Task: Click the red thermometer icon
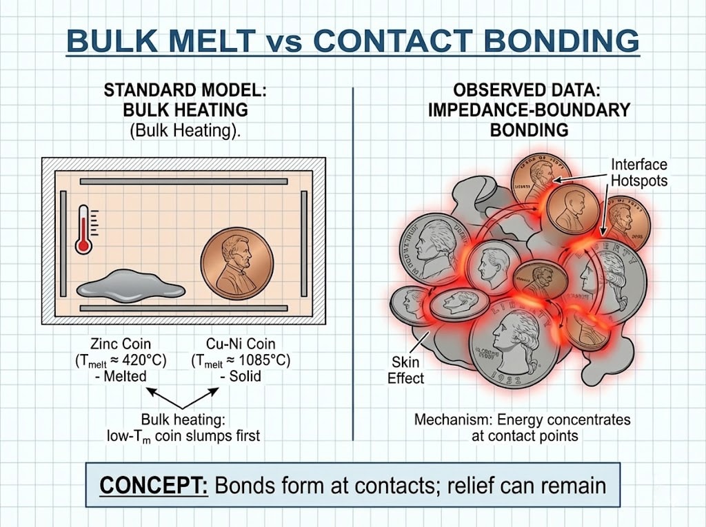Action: pyautogui.click(x=85, y=228)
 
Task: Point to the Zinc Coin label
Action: pyautogui.click(x=121, y=342)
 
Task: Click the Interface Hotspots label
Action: pyautogui.click(x=638, y=172)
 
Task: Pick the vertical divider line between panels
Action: pyautogui.click(x=353, y=262)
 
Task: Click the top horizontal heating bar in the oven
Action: pyautogui.click(x=183, y=181)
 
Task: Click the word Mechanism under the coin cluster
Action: pyautogui.click(x=447, y=419)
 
